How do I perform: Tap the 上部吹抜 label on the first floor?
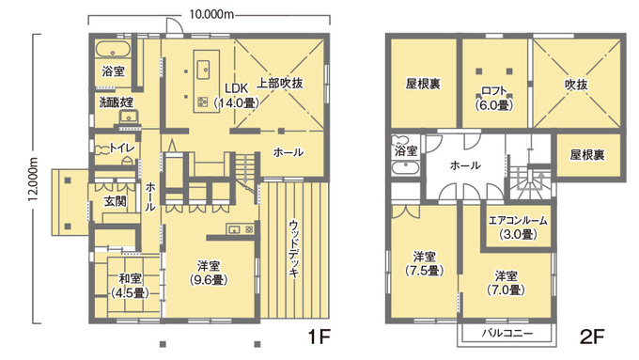[281, 85]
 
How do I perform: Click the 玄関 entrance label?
[115, 201]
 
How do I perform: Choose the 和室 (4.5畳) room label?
[130, 286]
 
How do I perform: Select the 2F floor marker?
[590, 336]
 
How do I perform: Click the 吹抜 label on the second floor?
[575, 85]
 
